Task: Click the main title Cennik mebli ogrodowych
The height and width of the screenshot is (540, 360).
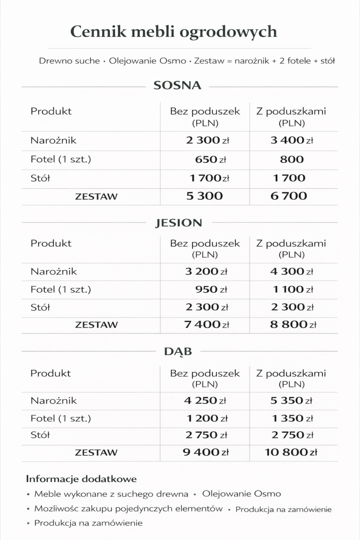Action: coord(174,32)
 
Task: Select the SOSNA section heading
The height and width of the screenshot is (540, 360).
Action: coord(178,86)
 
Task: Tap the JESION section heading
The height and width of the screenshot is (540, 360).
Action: coord(179,223)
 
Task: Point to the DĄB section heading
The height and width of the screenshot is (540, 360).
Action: coord(178,352)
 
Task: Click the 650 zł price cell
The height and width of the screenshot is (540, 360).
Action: coord(210,159)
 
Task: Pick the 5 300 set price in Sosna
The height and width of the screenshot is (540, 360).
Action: coord(205,196)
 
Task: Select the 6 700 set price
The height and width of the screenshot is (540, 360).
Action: coord(289,196)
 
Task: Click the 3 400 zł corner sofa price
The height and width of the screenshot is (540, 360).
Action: coord(292,141)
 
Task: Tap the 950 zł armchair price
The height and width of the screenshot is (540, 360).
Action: coord(210,290)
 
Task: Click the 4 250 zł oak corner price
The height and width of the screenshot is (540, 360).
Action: coord(206,401)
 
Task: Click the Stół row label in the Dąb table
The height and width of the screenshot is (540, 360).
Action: coord(40,435)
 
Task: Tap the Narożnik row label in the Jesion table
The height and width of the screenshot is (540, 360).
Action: coord(54,271)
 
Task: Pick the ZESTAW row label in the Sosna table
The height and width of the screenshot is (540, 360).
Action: coord(96,196)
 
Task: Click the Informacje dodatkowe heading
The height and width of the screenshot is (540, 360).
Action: coord(81,479)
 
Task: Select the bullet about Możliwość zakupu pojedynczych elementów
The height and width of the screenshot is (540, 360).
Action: coord(128,509)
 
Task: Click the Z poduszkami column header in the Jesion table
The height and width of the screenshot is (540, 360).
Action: coord(291,248)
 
